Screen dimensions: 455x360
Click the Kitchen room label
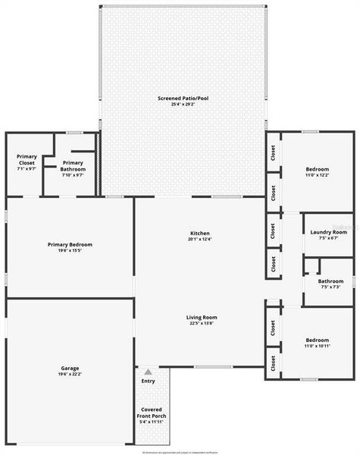(200, 233)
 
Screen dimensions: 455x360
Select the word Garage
(70, 369)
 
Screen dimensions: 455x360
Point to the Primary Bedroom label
(70, 244)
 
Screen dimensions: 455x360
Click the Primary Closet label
(27, 159)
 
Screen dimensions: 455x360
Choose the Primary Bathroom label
(73, 165)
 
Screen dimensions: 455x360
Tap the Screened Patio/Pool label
(183, 99)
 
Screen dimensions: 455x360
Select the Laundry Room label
(328, 231)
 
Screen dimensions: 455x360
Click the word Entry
(148, 381)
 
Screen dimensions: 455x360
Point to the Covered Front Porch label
(152, 413)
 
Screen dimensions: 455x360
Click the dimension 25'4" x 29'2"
(183, 105)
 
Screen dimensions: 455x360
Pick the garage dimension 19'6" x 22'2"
(70, 375)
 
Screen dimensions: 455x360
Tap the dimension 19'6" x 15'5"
(70, 250)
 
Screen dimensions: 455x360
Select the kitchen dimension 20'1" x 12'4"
(200, 239)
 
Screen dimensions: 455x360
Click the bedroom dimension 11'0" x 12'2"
(318, 175)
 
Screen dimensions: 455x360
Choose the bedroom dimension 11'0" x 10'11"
(318, 346)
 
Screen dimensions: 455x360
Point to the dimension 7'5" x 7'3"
(330, 287)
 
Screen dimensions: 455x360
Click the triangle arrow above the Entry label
(148, 372)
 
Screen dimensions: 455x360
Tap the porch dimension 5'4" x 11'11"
(152, 422)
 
